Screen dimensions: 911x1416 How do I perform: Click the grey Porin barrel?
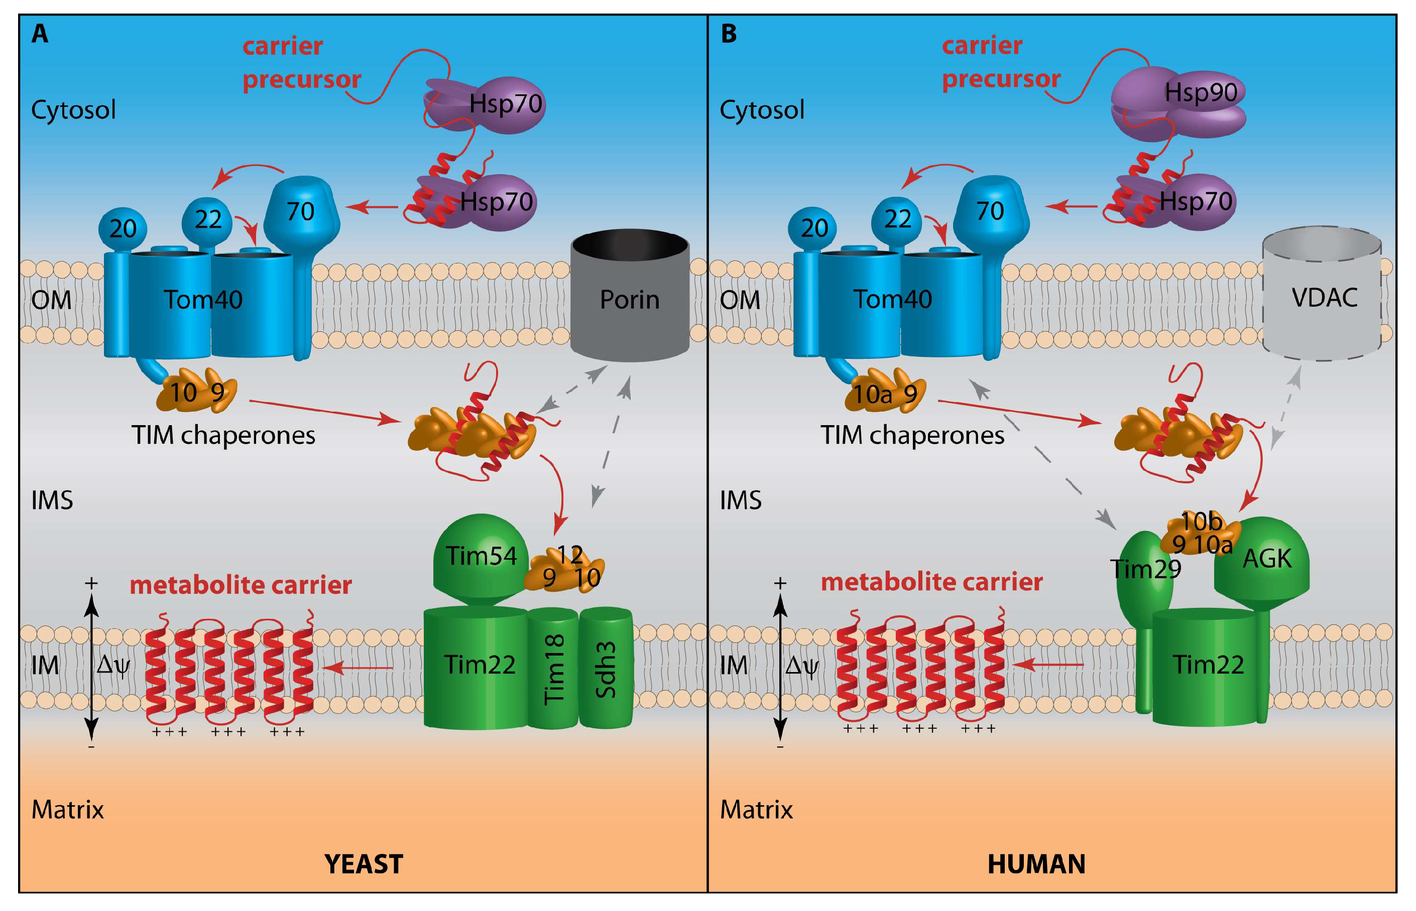click(x=629, y=299)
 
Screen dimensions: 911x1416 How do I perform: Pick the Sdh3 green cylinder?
click(x=606, y=669)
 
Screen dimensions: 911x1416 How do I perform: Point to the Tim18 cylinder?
click(x=553, y=669)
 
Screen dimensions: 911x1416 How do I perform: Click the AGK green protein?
click(x=1266, y=559)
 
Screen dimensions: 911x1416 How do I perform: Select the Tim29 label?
click(x=1145, y=569)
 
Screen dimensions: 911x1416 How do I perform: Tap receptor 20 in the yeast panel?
click(x=123, y=228)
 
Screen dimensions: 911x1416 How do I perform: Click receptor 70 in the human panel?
click(x=990, y=211)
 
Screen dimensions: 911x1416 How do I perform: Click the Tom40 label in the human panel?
click(x=892, y=299)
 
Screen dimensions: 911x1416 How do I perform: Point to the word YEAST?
click(x=364, y=864)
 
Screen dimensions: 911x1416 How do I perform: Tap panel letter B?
click(x=729, y=34)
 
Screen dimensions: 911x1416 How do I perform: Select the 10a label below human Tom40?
click(x=872, y=395)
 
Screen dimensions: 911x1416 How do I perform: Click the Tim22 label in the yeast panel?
click(x=480, y=665)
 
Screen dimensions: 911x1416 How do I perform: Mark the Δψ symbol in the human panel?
click(x=801, y=666)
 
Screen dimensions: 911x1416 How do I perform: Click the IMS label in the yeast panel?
click(x=52, y=500)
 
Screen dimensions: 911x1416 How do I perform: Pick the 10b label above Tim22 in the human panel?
click(x=1201, y=521)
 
